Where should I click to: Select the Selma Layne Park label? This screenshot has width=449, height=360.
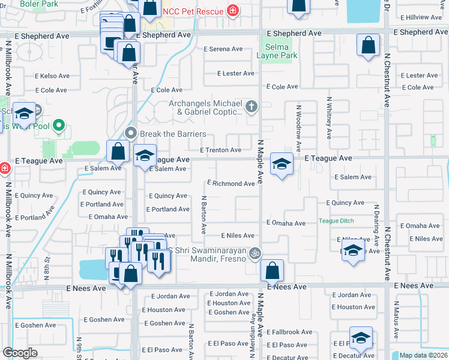click(x=277, y=51)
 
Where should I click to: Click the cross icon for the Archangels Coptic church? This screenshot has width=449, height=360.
click(x=252, y=107)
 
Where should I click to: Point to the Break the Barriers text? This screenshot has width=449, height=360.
click(x=173, y=134)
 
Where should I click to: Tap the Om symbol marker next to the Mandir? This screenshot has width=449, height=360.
click(x=255, y=254)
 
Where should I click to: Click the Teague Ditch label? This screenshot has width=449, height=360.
click(x=336, y=221)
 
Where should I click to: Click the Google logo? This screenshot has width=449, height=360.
click(x=20, y=353)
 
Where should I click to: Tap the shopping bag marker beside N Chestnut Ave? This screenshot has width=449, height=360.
click(x=369, y=45)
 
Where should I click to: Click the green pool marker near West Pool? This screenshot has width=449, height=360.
click(x=58, y=125)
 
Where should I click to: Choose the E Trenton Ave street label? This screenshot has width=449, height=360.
click(x=221, y=150)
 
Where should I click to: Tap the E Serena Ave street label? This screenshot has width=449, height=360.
click(x=223, y=49)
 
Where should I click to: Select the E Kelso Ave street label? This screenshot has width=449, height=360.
click(x=52, y=76)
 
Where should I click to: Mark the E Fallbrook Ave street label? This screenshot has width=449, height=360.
click(x=289, y=332)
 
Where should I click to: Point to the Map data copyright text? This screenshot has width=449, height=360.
click(x=423, y=355)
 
